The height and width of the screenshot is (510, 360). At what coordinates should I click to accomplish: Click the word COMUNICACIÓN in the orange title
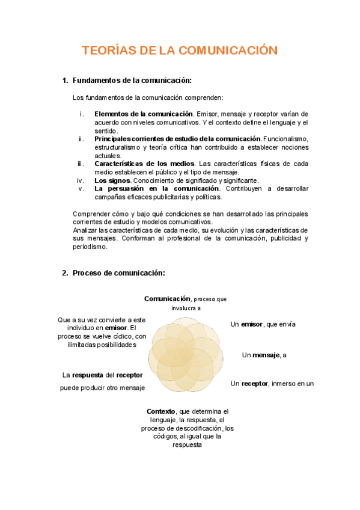230,51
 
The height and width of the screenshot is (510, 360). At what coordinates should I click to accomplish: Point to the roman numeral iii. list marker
81,164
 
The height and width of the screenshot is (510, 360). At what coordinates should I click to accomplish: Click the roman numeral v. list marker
81,188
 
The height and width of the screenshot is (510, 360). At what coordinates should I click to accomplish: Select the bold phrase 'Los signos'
112,180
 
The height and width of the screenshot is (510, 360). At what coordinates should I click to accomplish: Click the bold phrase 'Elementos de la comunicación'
144,114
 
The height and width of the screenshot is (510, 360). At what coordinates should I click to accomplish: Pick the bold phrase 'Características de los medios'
145,164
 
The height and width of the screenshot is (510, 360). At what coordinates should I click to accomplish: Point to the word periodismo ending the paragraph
90,247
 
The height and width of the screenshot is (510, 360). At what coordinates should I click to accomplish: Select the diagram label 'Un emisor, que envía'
263,324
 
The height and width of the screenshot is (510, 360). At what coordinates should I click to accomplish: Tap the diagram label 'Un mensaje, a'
264,355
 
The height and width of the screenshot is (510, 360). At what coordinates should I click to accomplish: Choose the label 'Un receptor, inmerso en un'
272,383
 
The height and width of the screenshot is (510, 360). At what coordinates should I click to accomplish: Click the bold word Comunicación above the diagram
166,298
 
